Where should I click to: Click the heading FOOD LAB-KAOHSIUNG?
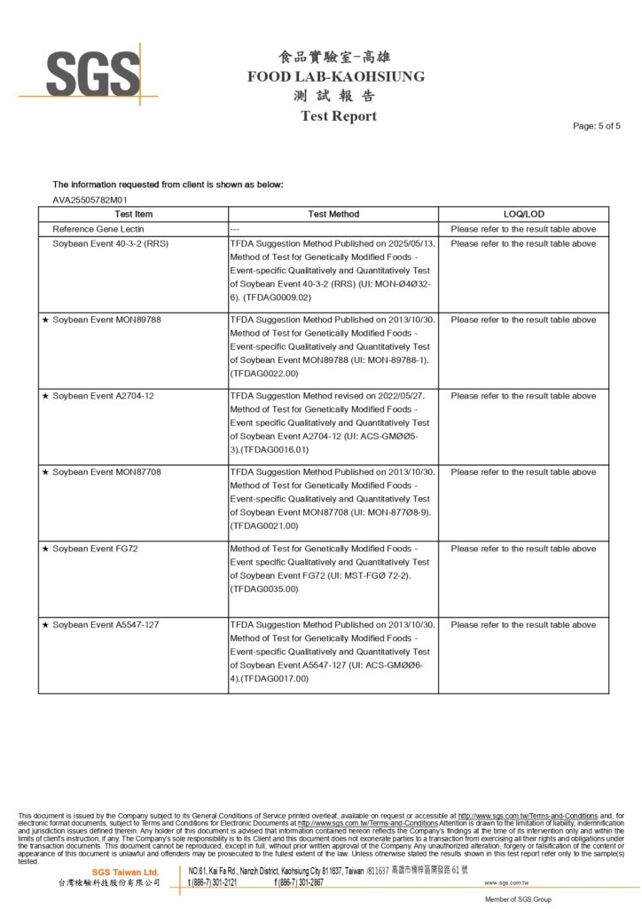pos(335,76)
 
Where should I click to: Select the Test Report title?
pos(338,115)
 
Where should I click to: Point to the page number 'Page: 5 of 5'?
pos(597,126)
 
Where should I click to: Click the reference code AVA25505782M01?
pos(90,200)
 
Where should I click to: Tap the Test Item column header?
pos(133,214)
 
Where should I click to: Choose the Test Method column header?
pos(333,214)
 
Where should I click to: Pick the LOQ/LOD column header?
pos(523,214)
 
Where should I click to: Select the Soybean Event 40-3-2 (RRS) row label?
pos(110,243)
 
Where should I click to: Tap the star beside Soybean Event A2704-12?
pos(45,396)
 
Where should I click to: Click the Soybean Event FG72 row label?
pos(95,549)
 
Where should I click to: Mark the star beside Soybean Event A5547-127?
pos(45,625)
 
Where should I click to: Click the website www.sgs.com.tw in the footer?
pos(506,883)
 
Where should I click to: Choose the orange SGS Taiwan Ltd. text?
pos(126,873)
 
